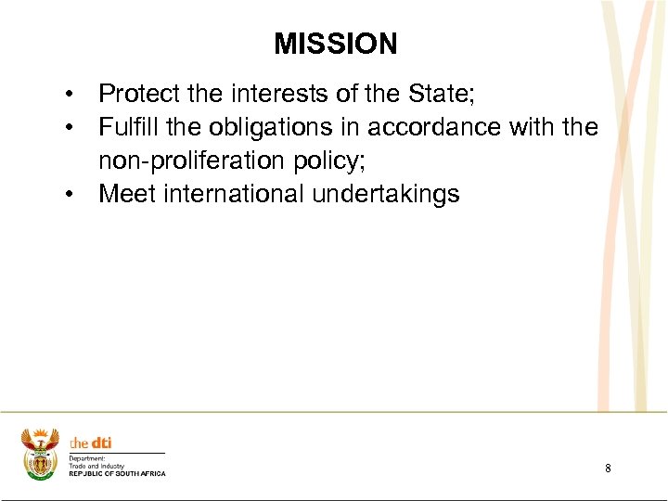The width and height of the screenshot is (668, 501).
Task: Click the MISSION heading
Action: (x=335, y=44)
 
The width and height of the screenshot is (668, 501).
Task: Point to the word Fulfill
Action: (x=129, y=127)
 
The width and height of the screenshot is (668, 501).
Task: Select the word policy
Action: (x=327, y=161)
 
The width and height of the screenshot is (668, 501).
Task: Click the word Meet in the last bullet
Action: (x=126, y=194)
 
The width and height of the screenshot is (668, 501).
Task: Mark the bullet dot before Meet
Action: (x=70, y=196)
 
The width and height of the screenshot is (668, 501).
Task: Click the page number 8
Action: (x=608, y=469)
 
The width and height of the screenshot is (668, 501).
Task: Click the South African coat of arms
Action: (x=40, y=454)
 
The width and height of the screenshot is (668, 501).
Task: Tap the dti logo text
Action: (x=91, y=443)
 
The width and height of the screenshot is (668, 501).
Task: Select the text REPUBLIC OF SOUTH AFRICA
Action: (x=117, y=474)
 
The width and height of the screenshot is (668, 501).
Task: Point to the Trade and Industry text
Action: (x=96, y=466)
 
